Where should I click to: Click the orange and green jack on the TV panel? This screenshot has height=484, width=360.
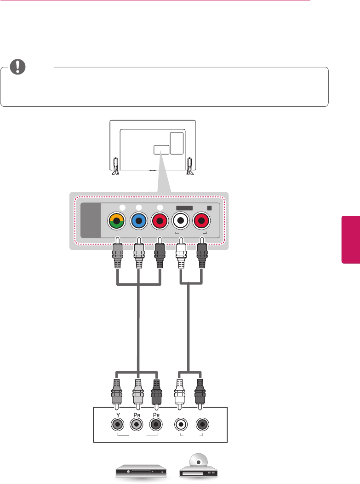pos(117,221)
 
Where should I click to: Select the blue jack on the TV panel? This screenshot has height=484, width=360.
pos(138,221)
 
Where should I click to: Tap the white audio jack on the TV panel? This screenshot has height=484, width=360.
pos(181,221)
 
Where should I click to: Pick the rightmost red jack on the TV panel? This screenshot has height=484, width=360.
pos(202,221)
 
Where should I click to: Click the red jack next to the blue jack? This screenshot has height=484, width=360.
pos(159,221)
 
